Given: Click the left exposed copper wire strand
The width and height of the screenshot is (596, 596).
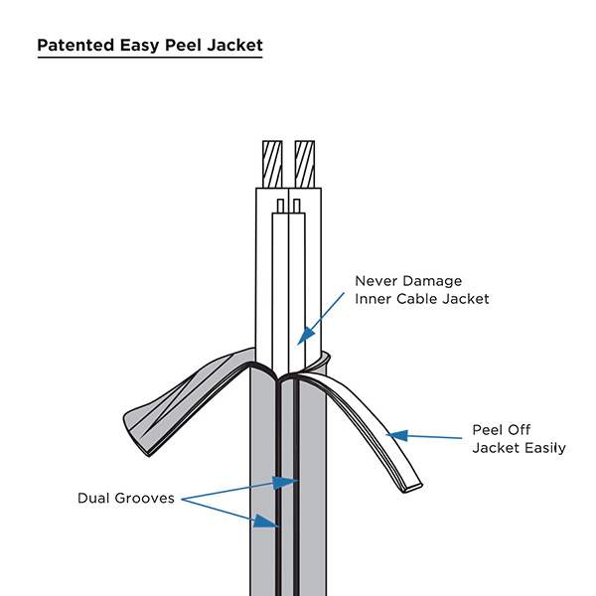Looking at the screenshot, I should (x=272, y=163).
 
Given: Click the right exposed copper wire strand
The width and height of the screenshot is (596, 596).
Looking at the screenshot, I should (x=305, y=163).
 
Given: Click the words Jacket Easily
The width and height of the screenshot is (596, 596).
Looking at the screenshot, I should (x=519, y=449).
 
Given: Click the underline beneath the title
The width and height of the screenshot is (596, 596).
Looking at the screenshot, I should (x=150, y=59).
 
